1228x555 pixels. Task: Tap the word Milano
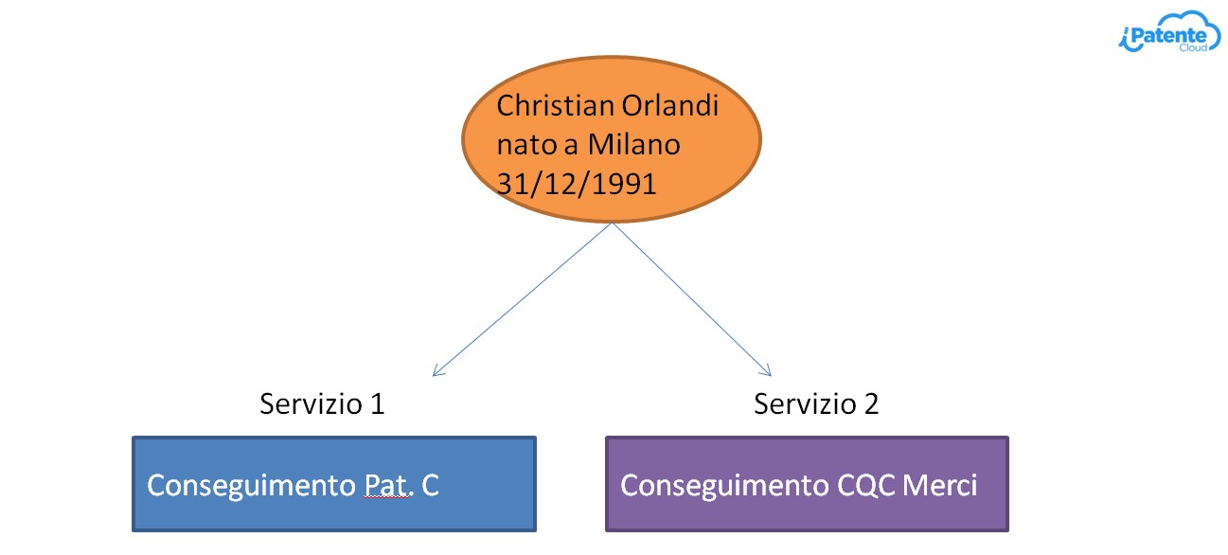point(633,144)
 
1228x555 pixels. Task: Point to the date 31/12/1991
point(577,184)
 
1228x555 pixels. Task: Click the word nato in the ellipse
point(525,145)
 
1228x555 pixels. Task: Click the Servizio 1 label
point(322,403)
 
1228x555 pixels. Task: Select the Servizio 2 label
point(816,403)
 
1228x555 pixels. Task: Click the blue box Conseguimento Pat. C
point(334,484)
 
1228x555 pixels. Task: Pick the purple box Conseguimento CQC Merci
point(807,484)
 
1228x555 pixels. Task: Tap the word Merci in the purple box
point(939,485)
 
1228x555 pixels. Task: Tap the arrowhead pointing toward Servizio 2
point(766,370)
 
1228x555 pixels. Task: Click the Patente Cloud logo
point(1168,32)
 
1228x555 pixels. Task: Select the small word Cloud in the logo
point(1193,47)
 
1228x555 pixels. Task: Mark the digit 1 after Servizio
point(378,403)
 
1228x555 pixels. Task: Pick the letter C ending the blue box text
point(431,486)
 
